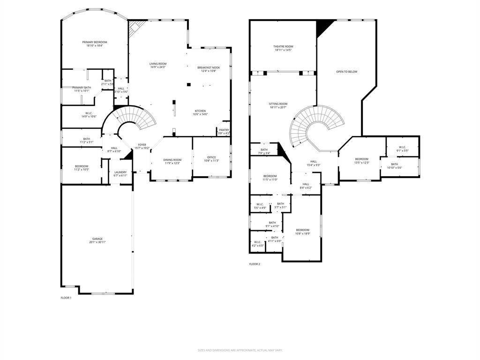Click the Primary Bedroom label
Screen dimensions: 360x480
[x=95, y=42]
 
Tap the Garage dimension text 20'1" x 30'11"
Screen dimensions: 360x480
[x=97, y=242]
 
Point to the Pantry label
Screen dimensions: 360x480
[x=224, y=130]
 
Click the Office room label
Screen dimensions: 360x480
[x=211, y=157]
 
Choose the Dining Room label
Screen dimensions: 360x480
[x=172, y=160]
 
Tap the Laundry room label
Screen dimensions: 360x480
[x=120, y=172]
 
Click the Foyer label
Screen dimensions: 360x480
[x=142, y=145]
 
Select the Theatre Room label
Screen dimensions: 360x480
[x=283, y=46]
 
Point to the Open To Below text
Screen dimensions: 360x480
[x=346, y=72]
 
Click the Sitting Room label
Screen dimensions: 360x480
[x=278, y=104]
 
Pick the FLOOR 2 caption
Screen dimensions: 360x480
[x=255, y=264]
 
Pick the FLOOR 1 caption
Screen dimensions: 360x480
[x=66, y=298]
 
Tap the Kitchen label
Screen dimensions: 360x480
[x=200, y=111]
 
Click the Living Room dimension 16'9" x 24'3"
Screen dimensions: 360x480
[x=158, y=67]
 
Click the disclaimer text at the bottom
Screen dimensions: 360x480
[x=240, y=350]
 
